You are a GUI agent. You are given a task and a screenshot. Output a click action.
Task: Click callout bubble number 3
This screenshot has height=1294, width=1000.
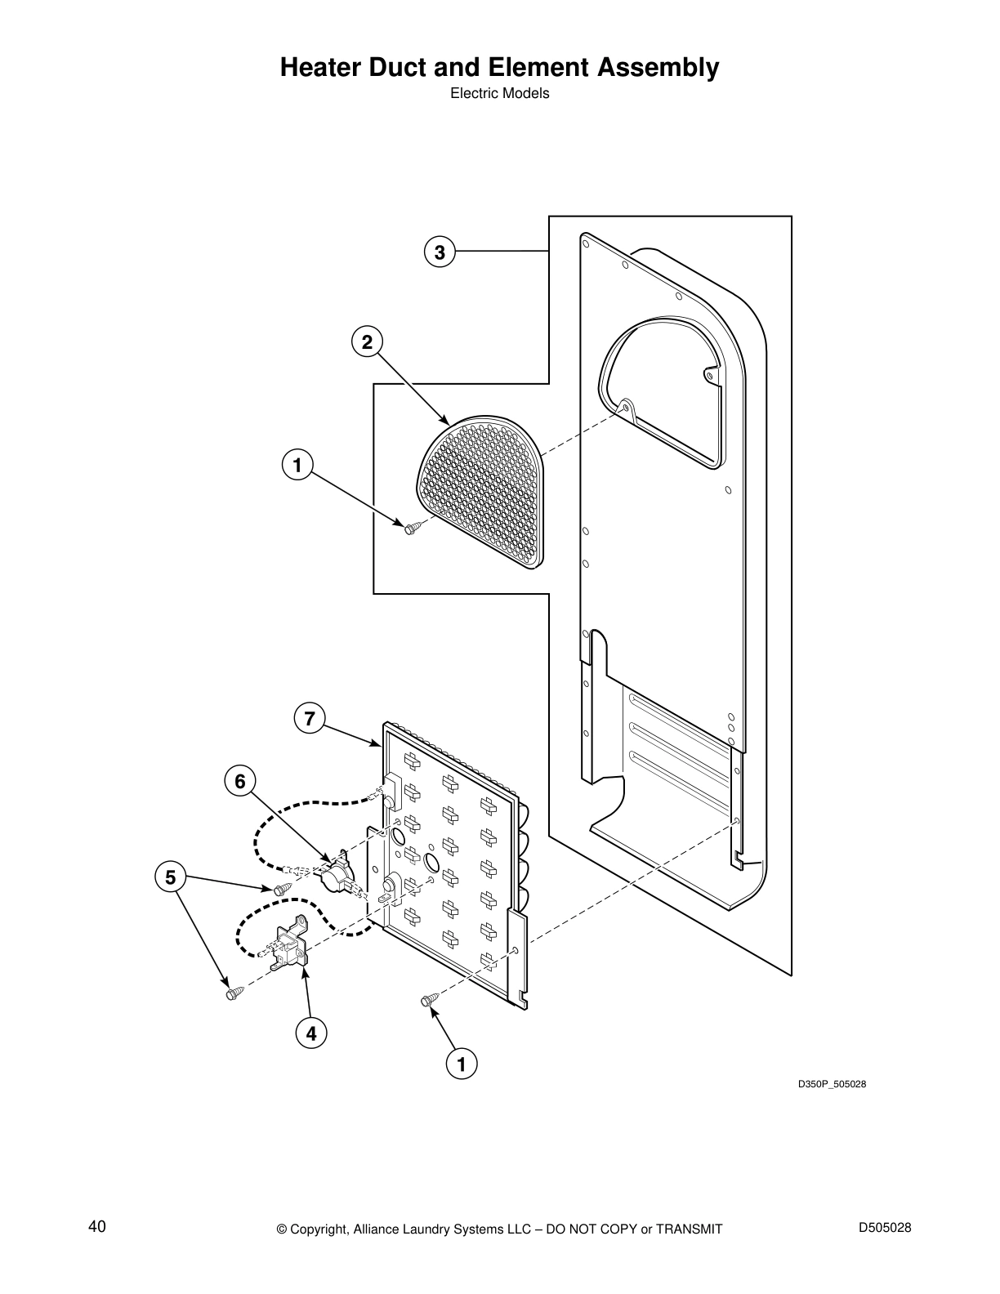pos(440,252)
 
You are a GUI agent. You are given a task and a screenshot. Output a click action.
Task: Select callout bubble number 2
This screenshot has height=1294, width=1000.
pos(367,342)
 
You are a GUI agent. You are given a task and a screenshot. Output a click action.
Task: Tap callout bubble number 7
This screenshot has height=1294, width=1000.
pos(309,719)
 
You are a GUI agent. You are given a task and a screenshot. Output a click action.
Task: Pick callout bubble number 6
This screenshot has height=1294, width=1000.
pos(239,782)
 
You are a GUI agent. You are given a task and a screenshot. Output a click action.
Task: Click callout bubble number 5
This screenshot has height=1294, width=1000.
pos(170,878)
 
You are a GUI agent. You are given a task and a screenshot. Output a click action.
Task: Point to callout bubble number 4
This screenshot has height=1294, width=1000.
pos(310,1033)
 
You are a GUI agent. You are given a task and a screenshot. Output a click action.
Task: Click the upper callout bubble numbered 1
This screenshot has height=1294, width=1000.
pos(297,466)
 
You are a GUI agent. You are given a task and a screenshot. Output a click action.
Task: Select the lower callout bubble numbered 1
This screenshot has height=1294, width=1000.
pos(461,1064)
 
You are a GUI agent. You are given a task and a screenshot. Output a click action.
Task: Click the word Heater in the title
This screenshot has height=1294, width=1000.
pos(322,68)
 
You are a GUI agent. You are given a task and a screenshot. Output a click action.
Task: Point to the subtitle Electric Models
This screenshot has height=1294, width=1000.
pos(500,93)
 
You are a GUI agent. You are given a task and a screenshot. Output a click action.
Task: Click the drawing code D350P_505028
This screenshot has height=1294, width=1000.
pos(832,1084)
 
